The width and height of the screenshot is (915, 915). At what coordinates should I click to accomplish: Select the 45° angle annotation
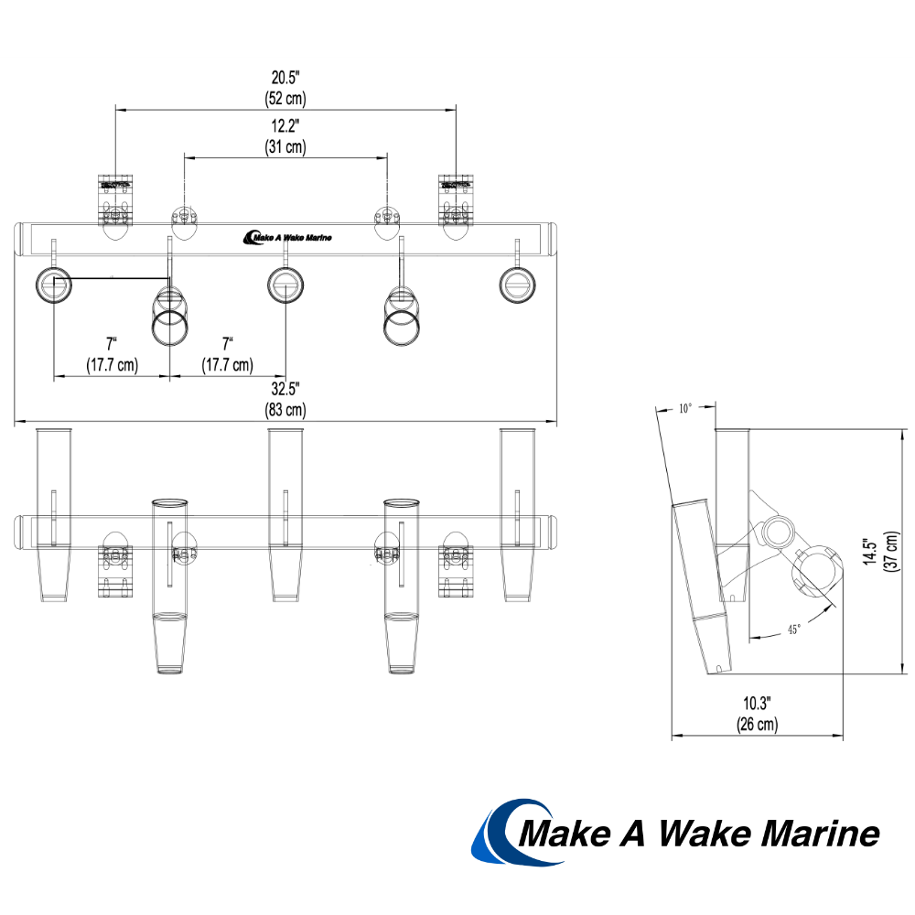tap(792, 630)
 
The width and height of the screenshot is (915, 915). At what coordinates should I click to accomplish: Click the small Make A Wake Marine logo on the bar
tap(287, 238)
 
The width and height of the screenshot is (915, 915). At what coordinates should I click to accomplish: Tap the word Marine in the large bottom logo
tap(820, 834)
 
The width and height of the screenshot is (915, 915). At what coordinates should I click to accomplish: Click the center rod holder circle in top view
tap(285, 285)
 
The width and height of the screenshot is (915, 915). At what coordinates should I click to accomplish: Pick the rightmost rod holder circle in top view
tap(517, 285)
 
